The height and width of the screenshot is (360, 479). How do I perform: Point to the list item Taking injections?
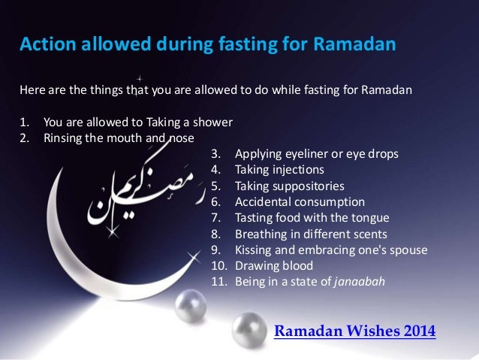tap(279, 169)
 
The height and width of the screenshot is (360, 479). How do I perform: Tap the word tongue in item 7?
tap(370, 218)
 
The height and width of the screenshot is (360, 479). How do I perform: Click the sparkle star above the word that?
tap(140, 76)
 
